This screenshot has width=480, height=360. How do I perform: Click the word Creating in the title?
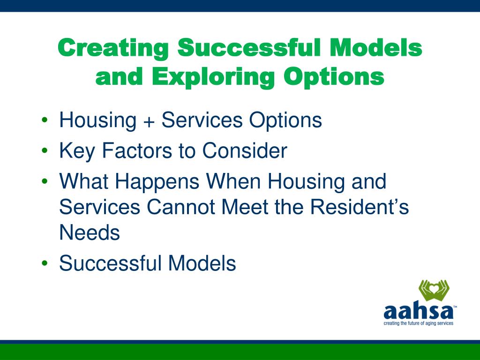(113, 48)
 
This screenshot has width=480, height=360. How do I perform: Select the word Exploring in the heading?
(213, 77)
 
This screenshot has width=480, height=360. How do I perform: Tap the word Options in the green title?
(334, 77)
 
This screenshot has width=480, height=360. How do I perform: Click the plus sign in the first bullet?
(149, 120)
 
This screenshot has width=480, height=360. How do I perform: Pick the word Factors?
(137, 150)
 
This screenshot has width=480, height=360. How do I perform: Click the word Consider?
(245, 150)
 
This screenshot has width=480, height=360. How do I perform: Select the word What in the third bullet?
(83, 181)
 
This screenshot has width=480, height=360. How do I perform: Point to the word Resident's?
(360, 207)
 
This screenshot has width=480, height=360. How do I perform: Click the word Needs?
(90, 232)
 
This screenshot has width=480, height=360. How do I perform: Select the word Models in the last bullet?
(202, 263)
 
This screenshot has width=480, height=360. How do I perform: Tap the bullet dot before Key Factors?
(45, 150)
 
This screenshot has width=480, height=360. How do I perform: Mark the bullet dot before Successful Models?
(45, 263)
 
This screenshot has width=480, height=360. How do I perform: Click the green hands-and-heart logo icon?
(434, 290)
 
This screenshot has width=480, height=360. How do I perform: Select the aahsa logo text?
(419, 312)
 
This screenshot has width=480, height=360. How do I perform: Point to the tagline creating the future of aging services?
(419, 323)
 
